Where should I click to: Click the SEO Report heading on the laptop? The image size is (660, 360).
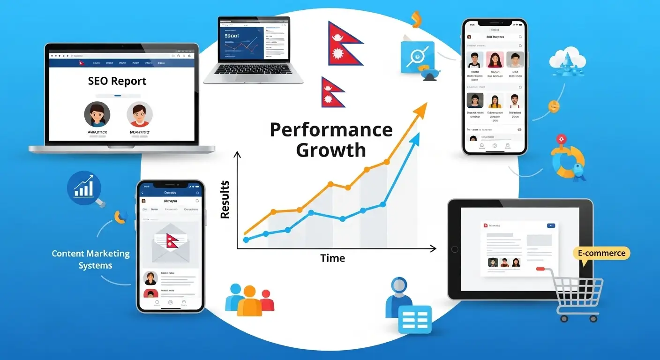tap(117, 81)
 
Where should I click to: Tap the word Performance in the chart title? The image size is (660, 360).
tap(331, 130)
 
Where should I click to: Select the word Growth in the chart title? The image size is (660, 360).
tap(331, 150)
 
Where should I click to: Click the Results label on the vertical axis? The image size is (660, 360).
tap(225, 200)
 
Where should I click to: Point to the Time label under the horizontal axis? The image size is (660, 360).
tap(333, 258)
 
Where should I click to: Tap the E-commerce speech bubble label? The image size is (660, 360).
tap(601, 253)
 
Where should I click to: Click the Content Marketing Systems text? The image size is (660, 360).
tap(90, 259)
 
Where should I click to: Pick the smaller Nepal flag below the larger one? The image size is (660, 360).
tap(332, 93)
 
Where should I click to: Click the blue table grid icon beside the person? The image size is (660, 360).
tap(414, 320)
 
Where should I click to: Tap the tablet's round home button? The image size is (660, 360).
tap(454, 249)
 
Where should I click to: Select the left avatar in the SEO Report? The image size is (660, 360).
tap(97, 114)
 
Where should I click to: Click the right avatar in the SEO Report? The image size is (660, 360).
tap(139, 114)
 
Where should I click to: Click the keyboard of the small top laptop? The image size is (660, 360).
tap(252, 69)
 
